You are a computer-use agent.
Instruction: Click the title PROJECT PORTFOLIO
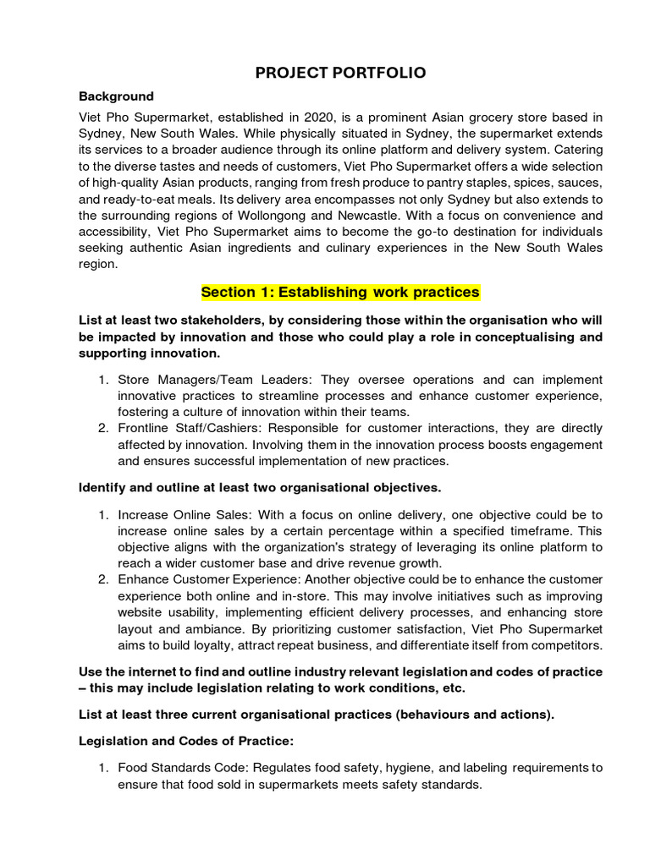340,73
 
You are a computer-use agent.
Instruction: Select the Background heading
116,96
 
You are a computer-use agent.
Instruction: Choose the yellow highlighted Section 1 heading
340,293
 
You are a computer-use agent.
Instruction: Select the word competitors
568,644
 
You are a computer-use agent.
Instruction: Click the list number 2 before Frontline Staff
102,429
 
